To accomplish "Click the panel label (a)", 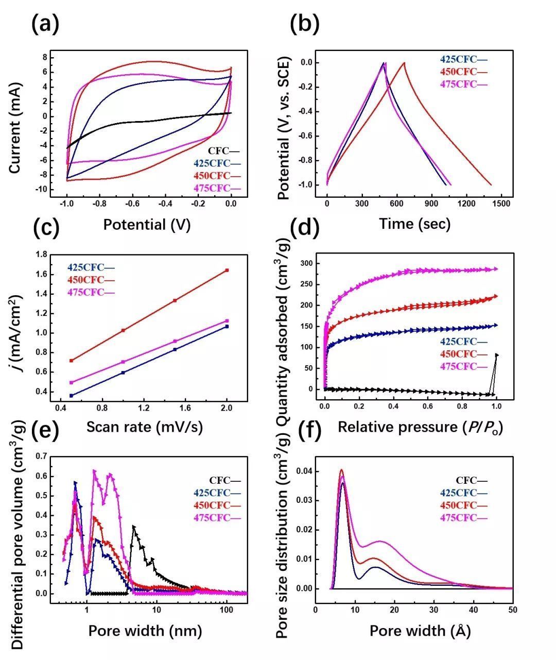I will point(45,24).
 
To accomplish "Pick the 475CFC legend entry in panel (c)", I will point(91,292).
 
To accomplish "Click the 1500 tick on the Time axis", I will point(501,204).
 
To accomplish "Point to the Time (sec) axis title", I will point(414,224).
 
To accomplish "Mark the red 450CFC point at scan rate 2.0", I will point(227,270).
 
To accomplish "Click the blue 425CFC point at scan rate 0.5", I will point(72,396).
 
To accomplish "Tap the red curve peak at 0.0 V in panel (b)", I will point(404,63).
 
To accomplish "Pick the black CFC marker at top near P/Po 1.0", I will point(497,355).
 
